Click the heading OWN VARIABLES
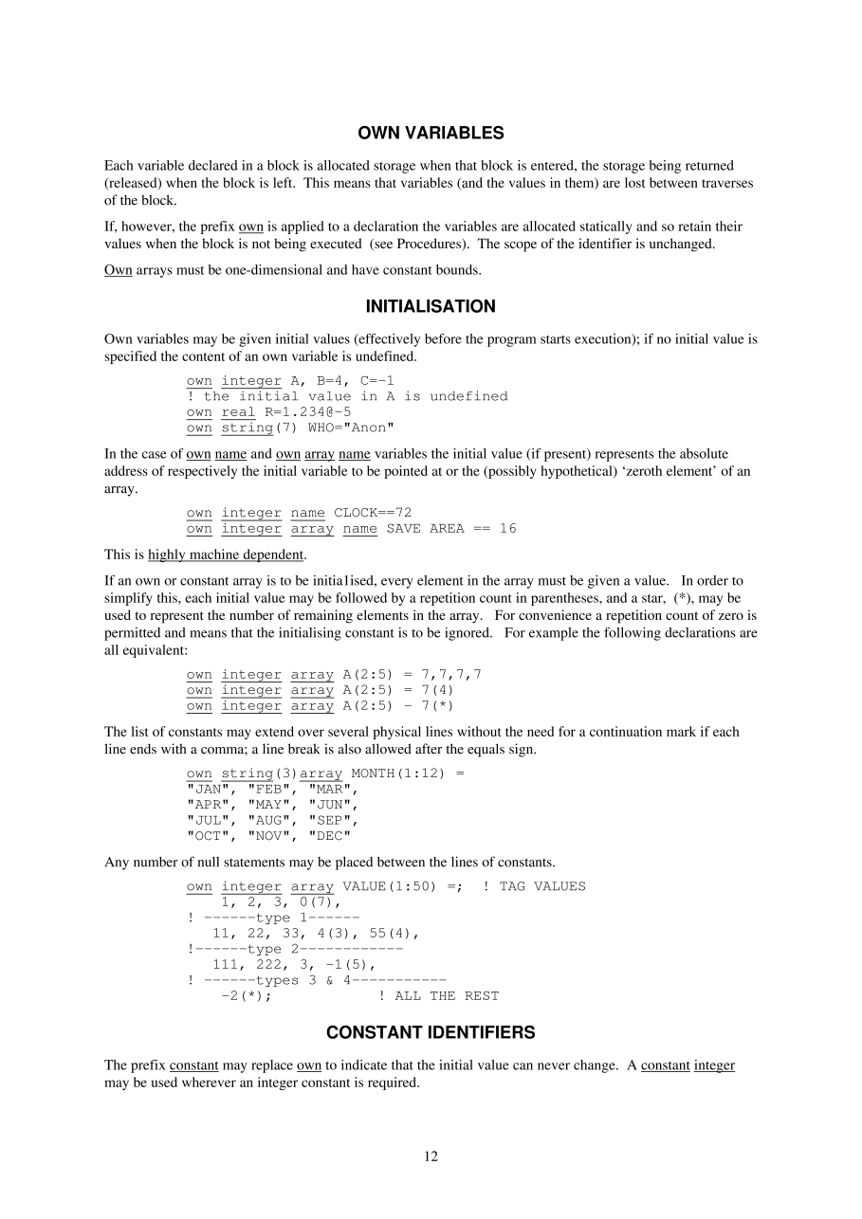point(431,133)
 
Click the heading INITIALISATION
point(431,306)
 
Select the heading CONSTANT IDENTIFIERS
point(431,1032)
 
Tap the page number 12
point(431,1155)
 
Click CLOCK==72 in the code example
point(373,513)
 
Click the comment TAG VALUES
point(542,886)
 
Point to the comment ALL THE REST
point(447,995)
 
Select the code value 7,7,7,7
point(451,675)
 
